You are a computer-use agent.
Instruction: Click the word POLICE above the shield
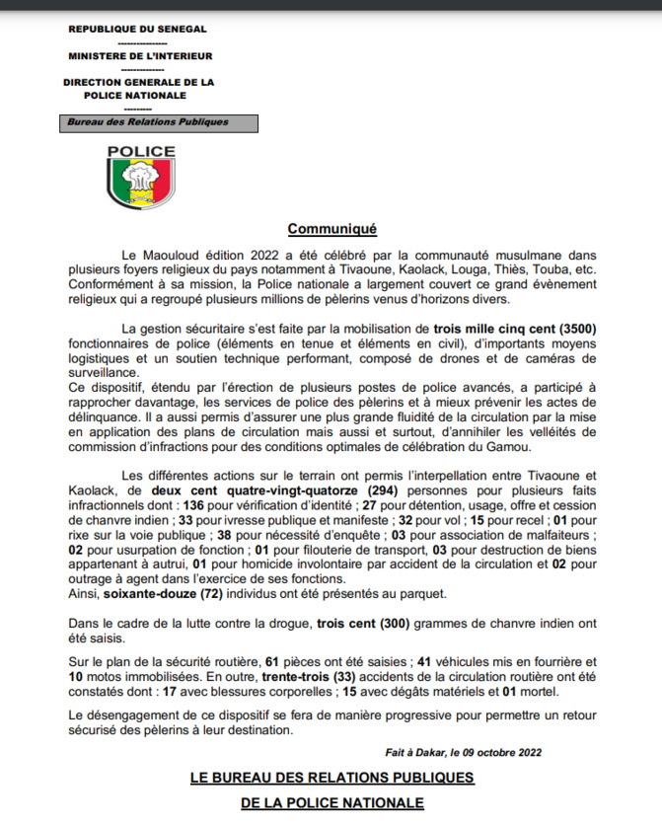tap(141, 152)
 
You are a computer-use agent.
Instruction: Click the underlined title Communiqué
tap(332, 230)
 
